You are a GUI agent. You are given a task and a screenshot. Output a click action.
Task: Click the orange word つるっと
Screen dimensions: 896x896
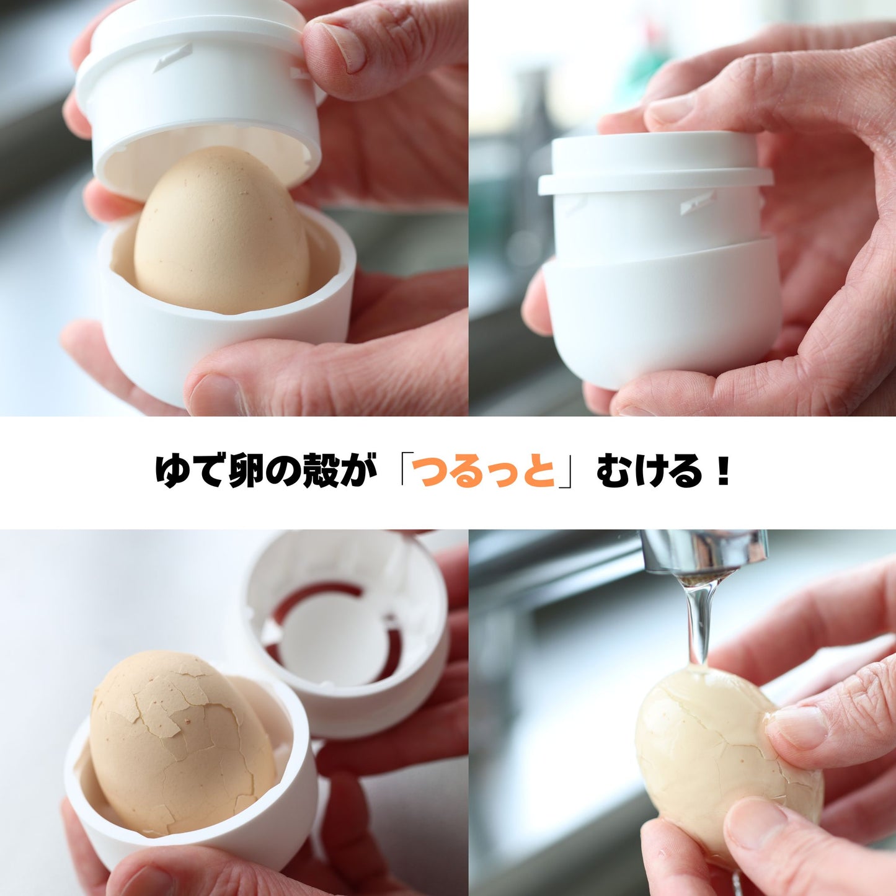pos(487,472)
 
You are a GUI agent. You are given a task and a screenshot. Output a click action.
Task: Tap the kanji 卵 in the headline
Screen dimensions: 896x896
pos(247,472)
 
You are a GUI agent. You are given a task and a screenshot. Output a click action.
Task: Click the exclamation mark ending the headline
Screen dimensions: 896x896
pos(723,471)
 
